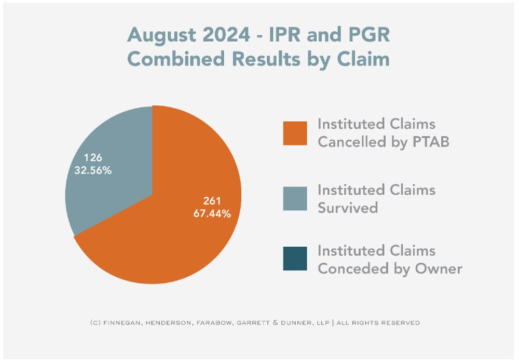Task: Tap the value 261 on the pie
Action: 212,201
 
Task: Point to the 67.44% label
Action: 213,213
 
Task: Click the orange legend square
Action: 295,133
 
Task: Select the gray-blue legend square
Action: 295,198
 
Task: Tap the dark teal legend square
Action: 295,259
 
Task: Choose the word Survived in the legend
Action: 347,207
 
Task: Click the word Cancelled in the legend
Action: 350,141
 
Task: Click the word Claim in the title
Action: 364,59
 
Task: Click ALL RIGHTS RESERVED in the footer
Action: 378,322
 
